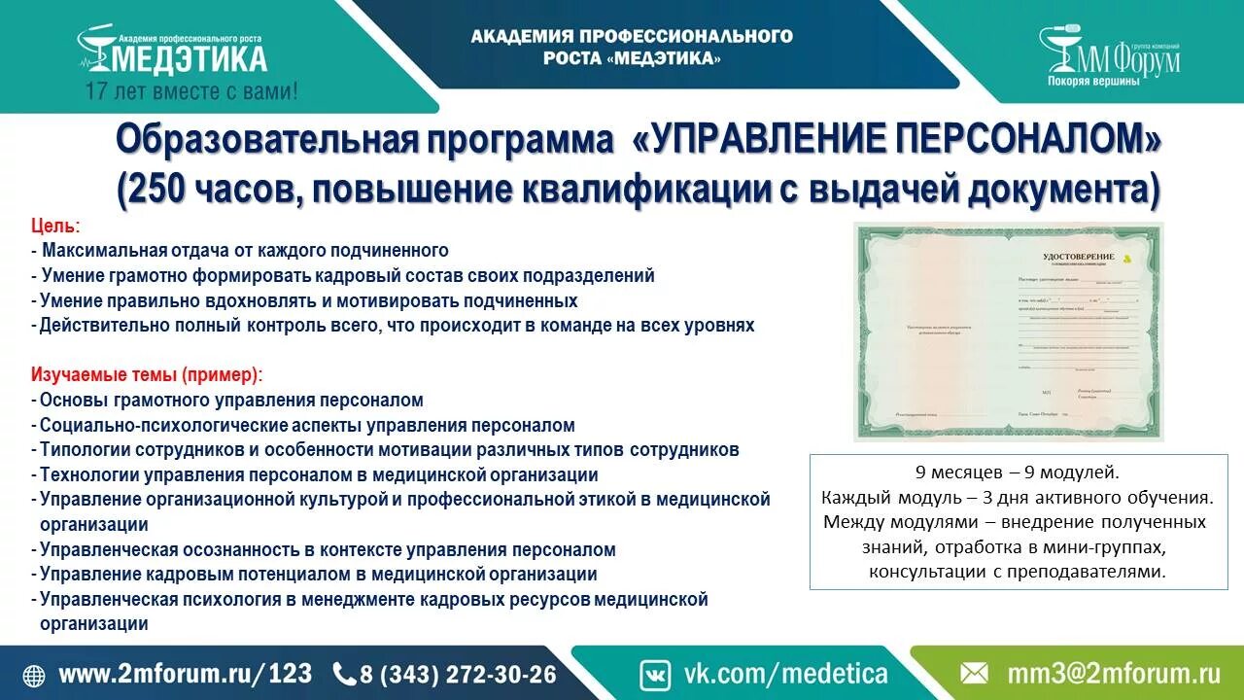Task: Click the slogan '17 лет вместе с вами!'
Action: coord(191,92)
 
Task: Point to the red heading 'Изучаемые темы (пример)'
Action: coord(146,375)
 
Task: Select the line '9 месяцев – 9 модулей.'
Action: coord(1018,473)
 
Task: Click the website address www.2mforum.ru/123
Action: coord(186,674)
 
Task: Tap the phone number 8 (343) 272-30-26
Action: coord(458,674)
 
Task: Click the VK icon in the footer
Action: coord(655,674)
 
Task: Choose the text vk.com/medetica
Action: coord(786,674)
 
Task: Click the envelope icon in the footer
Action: coord(974,674)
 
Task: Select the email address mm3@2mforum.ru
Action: coord(1113,674)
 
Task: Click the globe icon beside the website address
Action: coord(34,675)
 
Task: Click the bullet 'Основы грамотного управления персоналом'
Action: coord(231,401)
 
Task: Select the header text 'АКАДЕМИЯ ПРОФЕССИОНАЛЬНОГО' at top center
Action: coord(632,37)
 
